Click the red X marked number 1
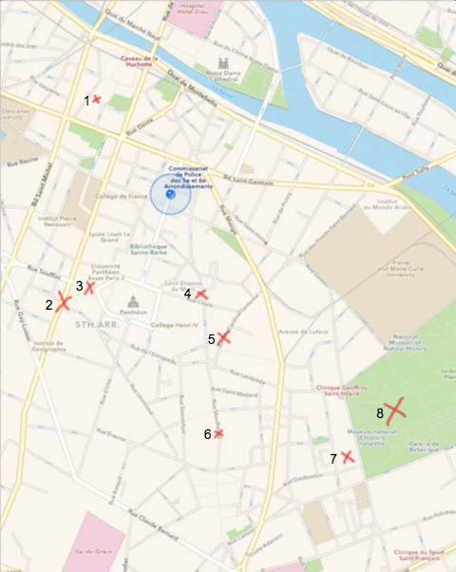click(x=97, y=99)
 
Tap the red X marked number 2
click(x=64, y=303)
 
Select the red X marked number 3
click(x=89, y=287)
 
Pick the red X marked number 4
click(x=201, y=295)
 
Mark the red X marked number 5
click(x=223, y=337)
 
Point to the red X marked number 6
click(x=218, y=433)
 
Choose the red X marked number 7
click(x=348, y=457)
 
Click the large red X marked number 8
click(x=394, y=410)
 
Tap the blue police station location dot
click(x=171, y=194)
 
